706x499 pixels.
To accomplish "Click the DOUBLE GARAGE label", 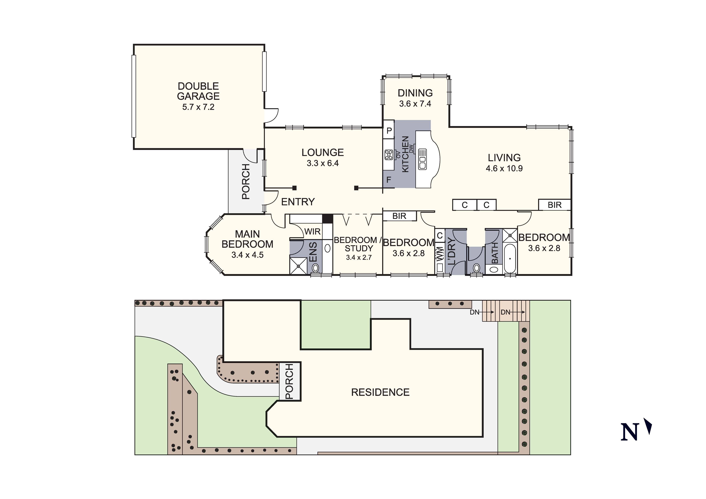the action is (198, 91).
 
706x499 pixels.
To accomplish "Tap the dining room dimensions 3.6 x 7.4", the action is (415, 104).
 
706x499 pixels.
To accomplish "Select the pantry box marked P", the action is (389, 131).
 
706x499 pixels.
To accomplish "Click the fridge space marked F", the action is (389, 180).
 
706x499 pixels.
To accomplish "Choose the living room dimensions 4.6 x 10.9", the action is (504, 168).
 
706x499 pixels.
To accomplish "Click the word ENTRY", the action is (298, 202).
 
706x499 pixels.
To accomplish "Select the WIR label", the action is (312, 231).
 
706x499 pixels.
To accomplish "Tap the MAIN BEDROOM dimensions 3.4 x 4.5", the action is (248, 255).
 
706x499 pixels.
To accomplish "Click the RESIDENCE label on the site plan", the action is (380, 392).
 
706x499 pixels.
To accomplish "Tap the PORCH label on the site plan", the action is (289, 381).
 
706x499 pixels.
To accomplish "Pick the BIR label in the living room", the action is (554, 205).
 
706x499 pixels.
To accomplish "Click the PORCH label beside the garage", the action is (246, 181).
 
